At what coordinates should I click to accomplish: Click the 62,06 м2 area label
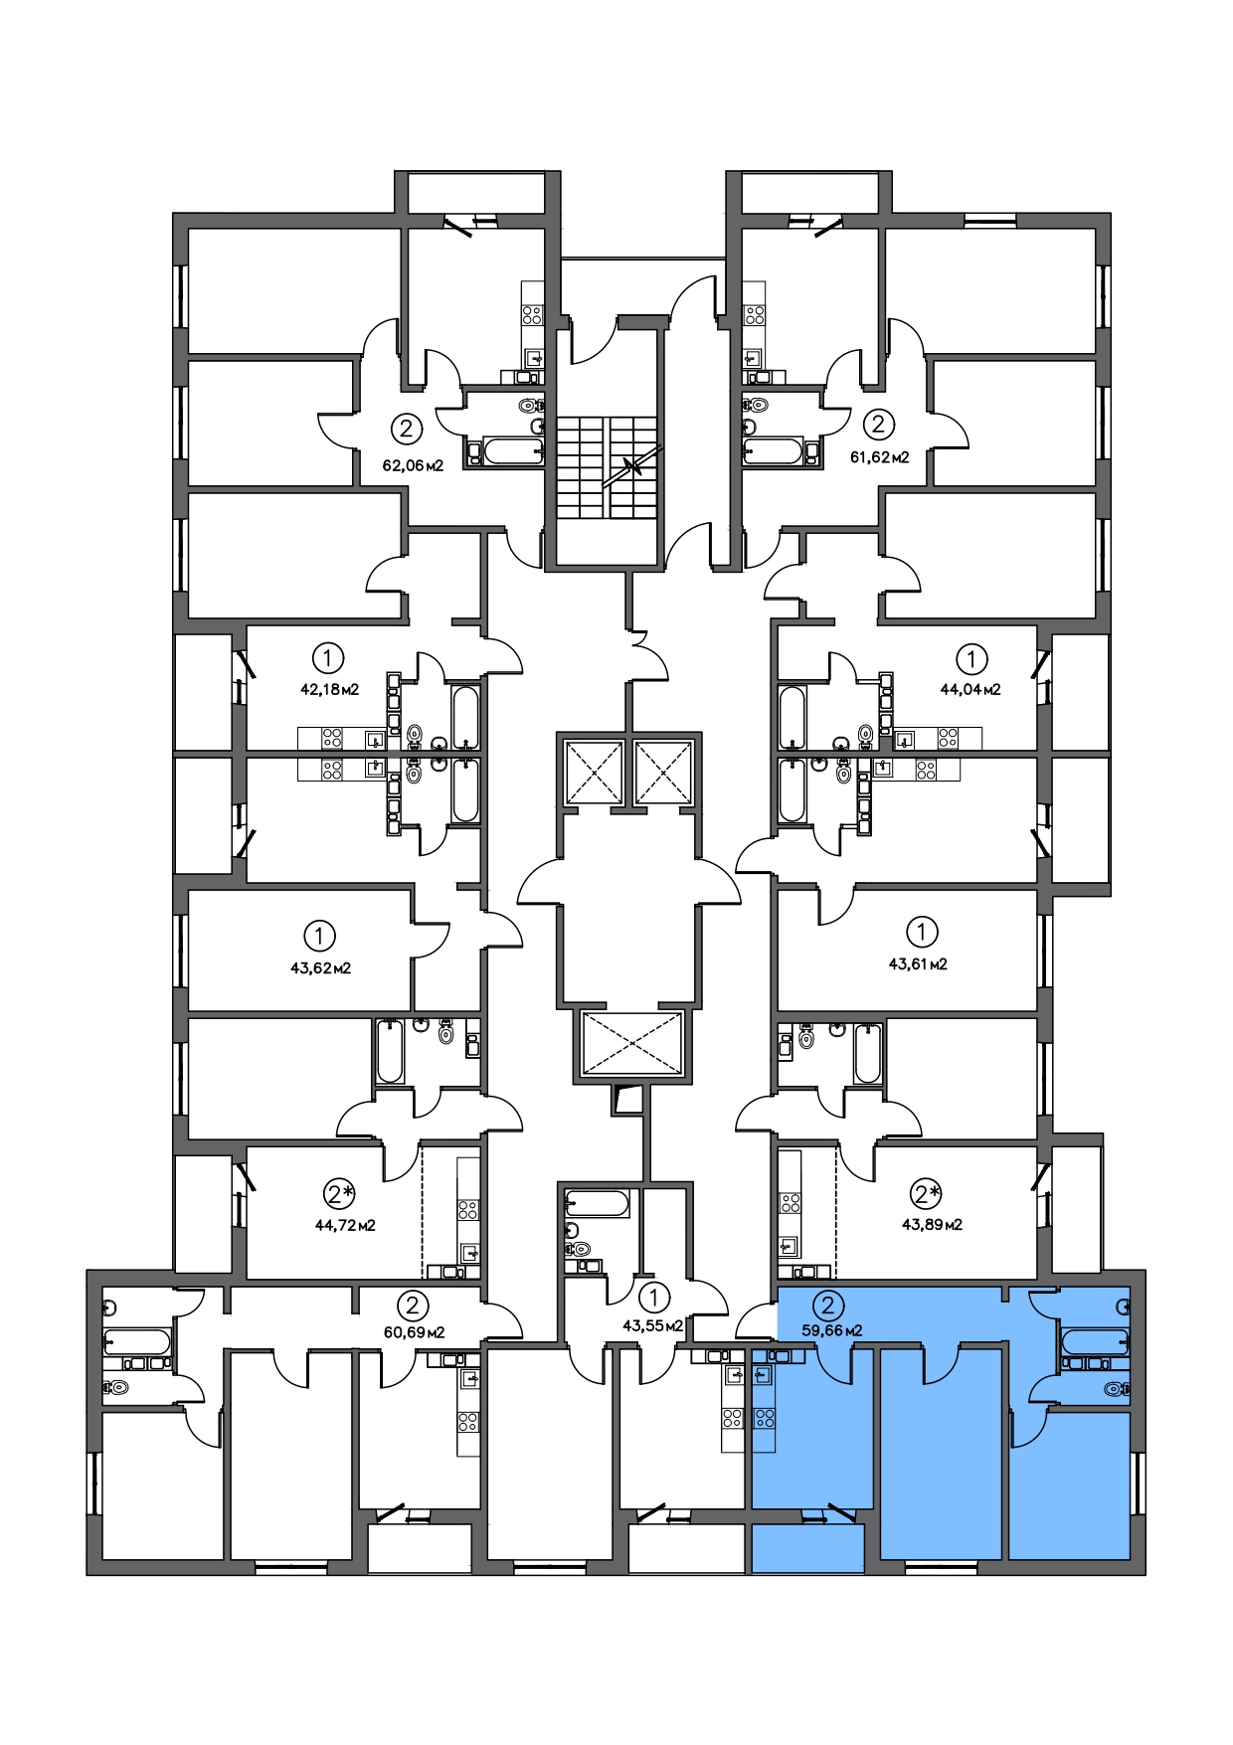413,464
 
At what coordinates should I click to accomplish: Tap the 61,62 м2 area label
880,457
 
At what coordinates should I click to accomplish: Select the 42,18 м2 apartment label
329,688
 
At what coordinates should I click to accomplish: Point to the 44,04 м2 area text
970,688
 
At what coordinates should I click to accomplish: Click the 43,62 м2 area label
320,967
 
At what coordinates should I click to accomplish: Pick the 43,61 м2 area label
918,963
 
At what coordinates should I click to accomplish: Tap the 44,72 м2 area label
345,1225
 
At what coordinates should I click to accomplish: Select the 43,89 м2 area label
932,1224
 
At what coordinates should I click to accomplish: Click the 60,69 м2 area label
414,1331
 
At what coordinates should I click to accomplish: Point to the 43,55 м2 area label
652,1325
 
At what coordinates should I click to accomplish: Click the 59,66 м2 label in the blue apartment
831,1329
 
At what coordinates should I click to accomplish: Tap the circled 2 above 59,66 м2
828,1305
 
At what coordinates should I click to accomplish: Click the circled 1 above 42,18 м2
328,657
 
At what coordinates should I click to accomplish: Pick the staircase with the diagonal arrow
608,466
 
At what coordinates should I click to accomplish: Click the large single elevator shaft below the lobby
632,1043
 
